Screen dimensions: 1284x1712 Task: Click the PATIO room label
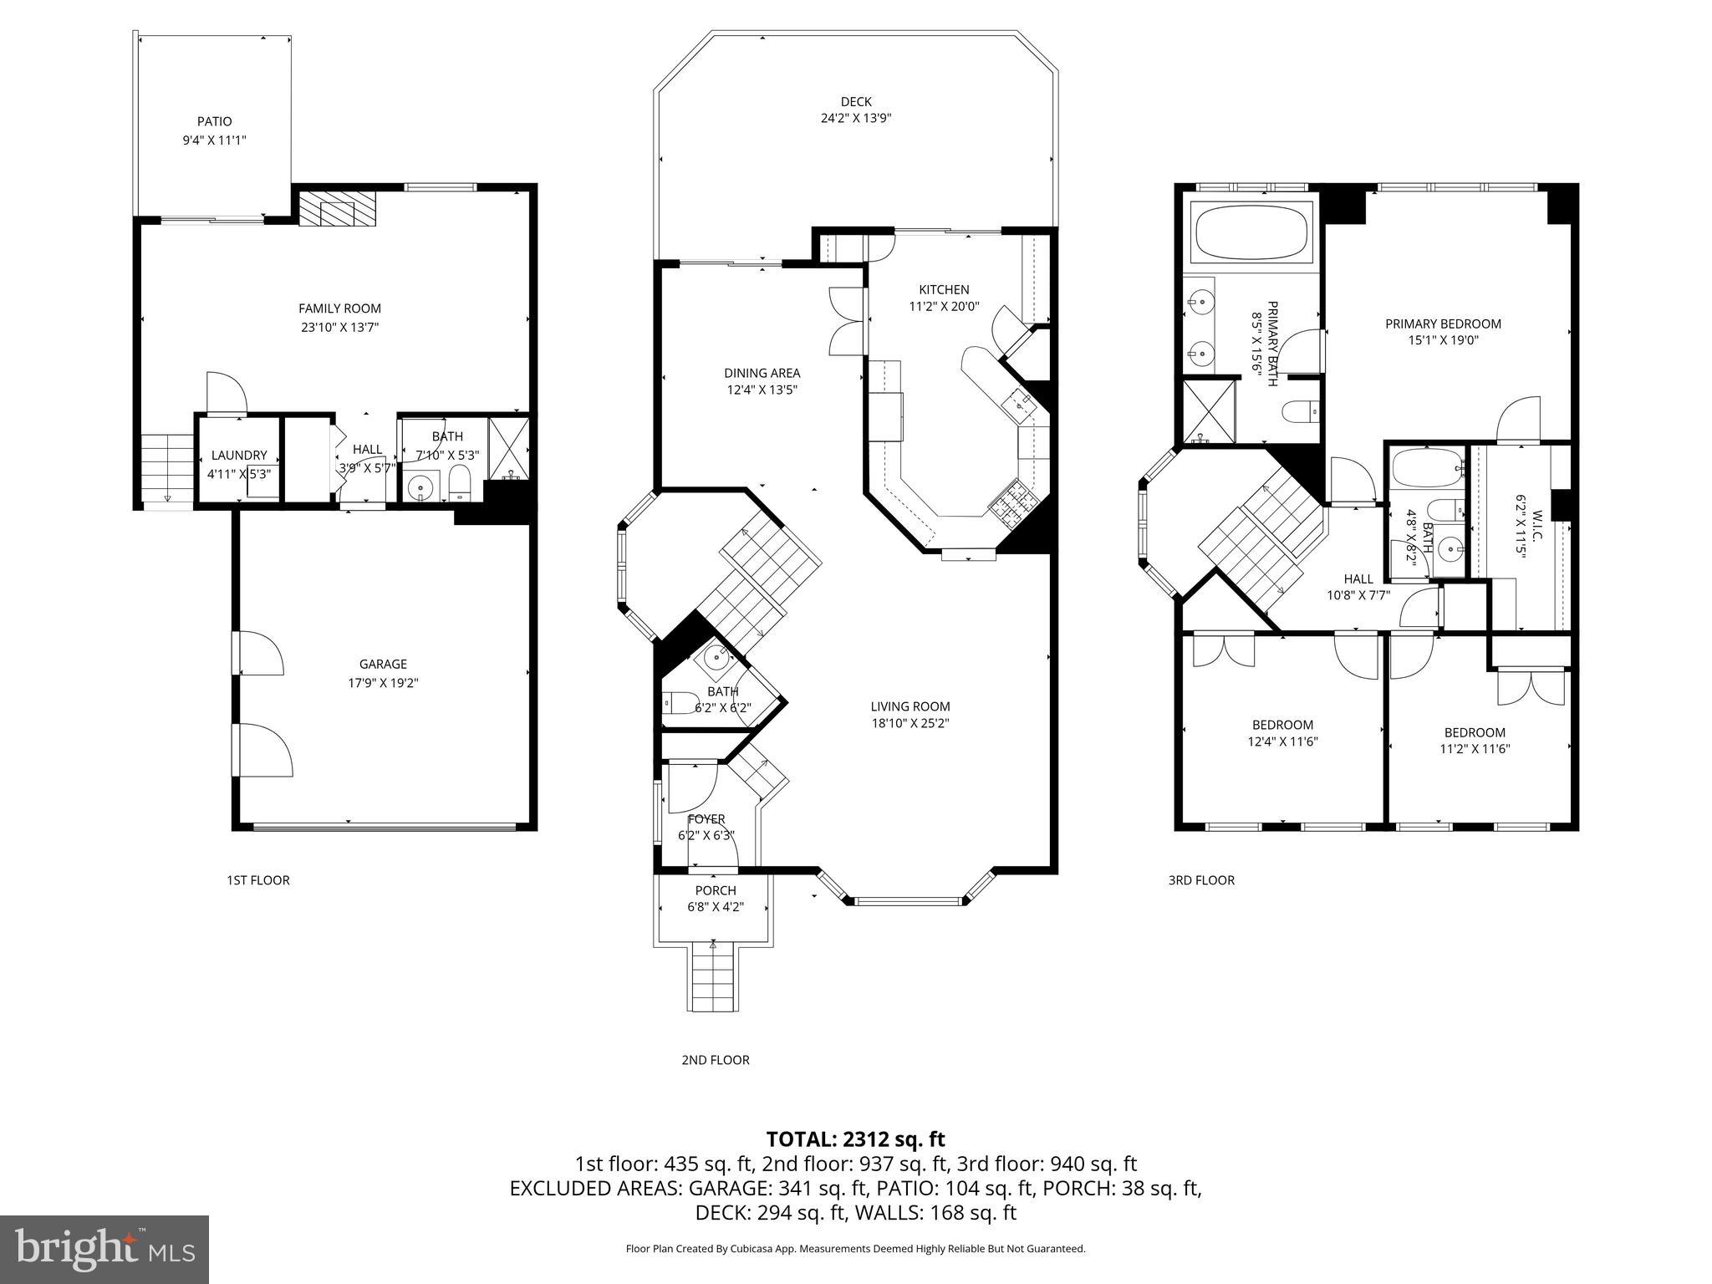(214, 122)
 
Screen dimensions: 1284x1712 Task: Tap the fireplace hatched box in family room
(339, 208)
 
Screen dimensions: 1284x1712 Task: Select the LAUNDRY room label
(239, 456)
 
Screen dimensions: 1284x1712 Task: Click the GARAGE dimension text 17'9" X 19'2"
(383, 683)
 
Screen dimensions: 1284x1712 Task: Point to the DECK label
(856, 102)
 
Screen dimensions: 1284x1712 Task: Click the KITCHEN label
(944, 290)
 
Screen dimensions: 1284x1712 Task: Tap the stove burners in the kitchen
(1013, 502)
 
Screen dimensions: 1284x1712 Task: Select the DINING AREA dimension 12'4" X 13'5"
(762, 390)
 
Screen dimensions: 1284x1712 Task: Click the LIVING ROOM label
(909, 706)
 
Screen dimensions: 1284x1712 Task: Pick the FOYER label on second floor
(706, 819)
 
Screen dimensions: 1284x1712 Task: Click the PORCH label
(716, 890)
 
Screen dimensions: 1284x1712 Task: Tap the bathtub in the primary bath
(1251, 233)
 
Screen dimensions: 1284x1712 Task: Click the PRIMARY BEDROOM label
(1443, 324)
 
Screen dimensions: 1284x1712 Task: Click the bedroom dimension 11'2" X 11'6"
(1475, 749)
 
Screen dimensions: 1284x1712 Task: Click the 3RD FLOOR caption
(1200, 880)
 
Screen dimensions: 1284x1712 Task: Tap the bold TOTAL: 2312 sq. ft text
(855, 1139)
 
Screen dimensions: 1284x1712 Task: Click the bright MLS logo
(104, 1249)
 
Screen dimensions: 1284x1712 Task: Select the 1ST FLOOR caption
(257, 880)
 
